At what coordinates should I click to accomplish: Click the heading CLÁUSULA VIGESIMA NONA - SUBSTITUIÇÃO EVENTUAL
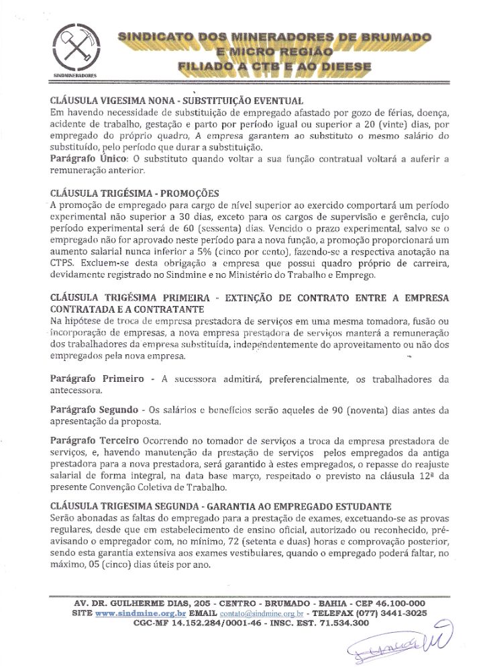(x=177, y=100)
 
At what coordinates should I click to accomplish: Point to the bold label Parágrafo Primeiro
(x=97, y=379)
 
